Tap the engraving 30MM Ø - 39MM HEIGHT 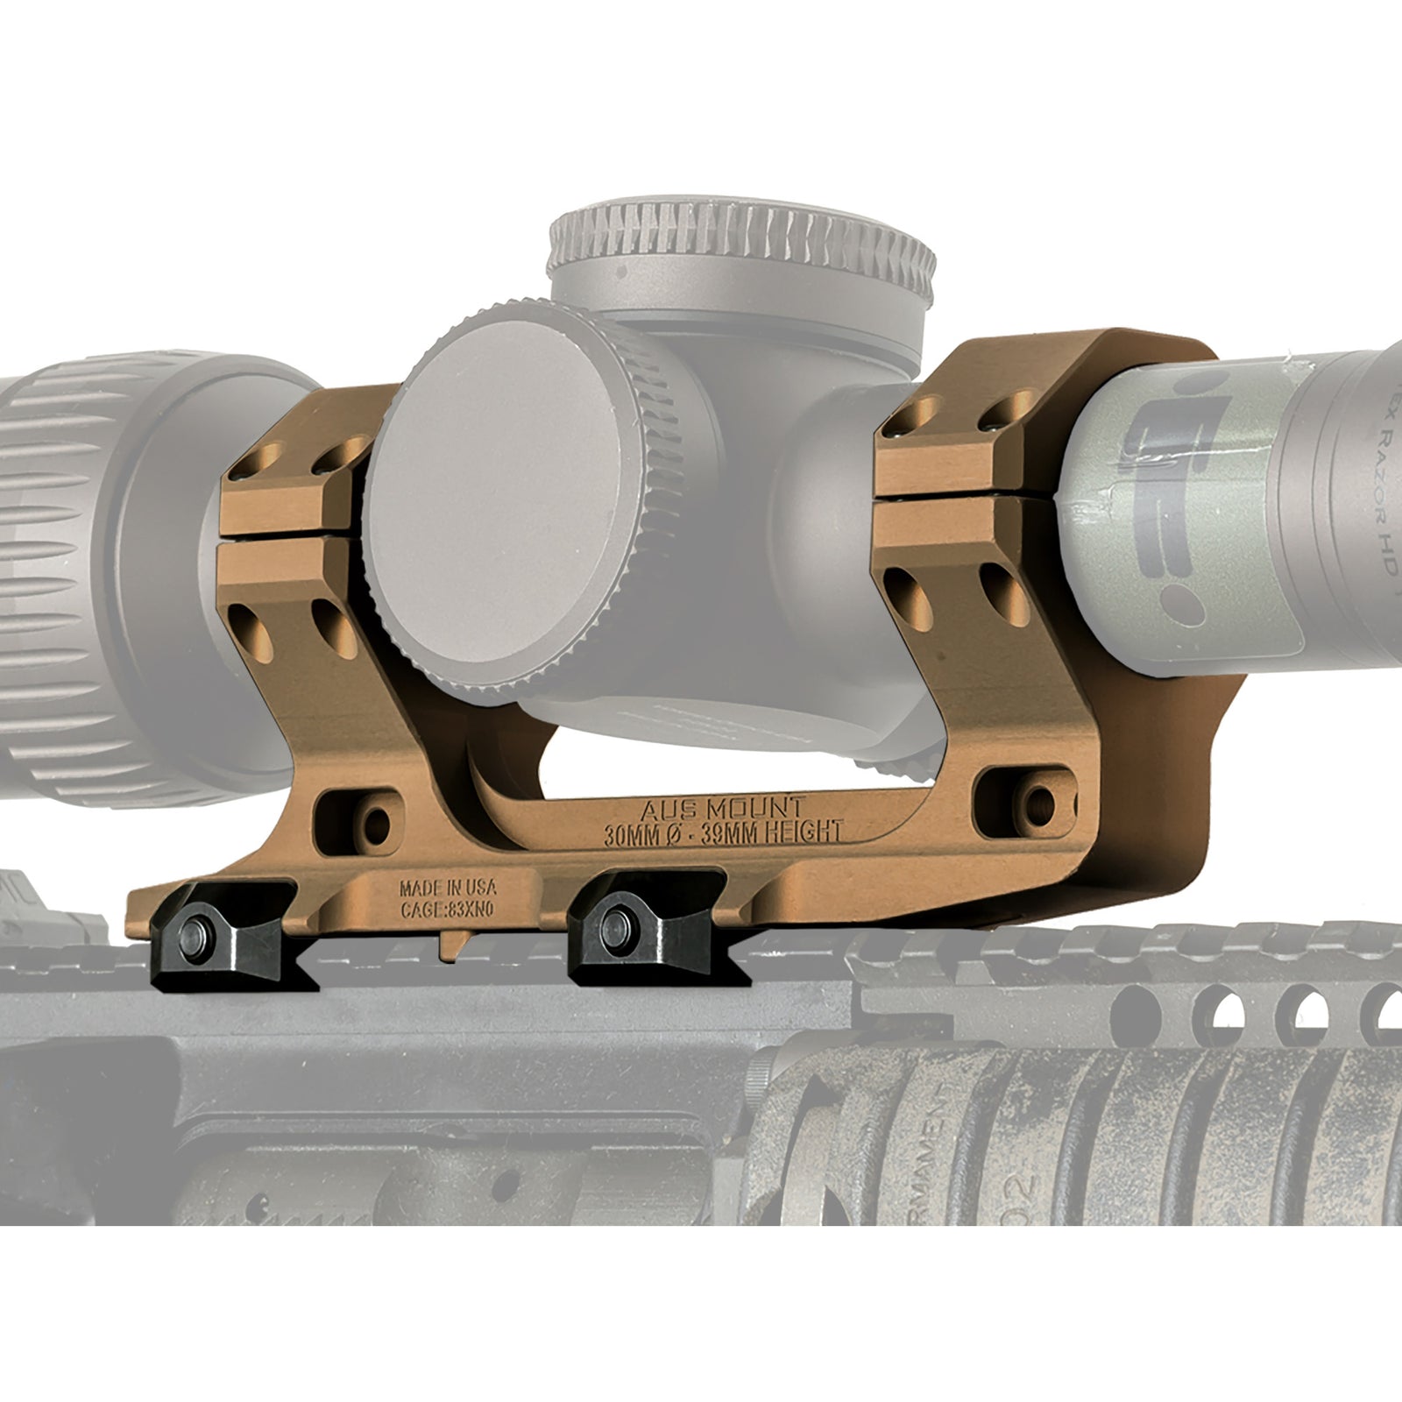pyautogui.click(x=724, y=831)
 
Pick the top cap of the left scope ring pyautogui.click(x=298, y=464)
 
